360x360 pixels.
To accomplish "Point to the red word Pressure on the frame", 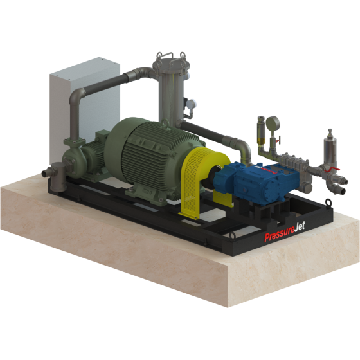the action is [x=279, y=235].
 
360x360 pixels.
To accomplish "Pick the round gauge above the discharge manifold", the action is [x=273, y=123].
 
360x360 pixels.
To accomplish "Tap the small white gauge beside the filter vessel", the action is [x=191, y=104].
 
